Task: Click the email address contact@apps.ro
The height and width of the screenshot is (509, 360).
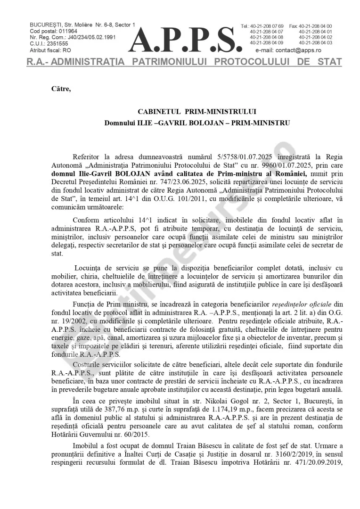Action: coord(295,50)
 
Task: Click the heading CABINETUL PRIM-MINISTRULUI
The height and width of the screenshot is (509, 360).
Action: coord(197,112)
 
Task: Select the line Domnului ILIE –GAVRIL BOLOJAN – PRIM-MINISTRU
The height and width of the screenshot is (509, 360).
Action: coord(197,123)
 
